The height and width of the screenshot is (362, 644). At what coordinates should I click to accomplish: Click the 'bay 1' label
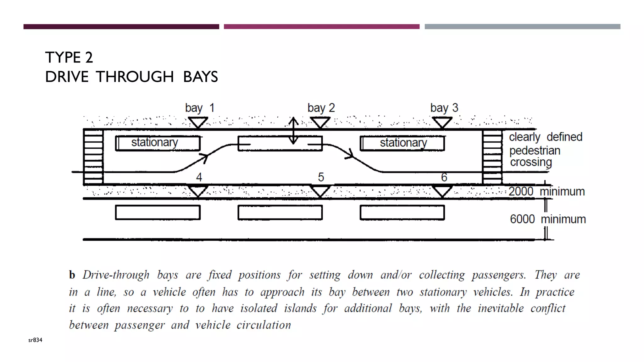(x=200, y=108)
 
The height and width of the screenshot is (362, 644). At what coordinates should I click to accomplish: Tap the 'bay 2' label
(x=321, y=108)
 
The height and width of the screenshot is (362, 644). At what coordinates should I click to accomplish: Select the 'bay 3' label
(x=444, y=108)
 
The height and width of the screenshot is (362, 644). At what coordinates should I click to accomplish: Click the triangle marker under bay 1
(x=198, y=122)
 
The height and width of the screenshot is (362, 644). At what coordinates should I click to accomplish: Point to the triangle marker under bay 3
(x=442, y=122)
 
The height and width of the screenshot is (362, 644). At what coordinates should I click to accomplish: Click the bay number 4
(x=199, y=177)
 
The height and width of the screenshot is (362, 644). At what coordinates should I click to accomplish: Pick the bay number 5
(x=321, y=177)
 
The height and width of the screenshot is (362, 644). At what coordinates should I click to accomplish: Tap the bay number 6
(x=444, y=177)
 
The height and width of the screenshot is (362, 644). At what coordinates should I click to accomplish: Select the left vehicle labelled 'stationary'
(x=158, y=143)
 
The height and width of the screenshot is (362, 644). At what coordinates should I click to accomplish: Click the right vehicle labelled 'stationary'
(x=402, y=143)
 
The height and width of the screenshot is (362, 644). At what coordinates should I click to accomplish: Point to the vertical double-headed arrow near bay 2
(x=293, y=130)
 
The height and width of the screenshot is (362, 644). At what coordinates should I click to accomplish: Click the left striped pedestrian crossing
(x=93, y=157)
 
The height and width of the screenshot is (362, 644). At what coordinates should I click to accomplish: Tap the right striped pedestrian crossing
(x=492, y=157)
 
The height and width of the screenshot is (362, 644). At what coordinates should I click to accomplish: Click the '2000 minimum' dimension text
(x=547, y=191)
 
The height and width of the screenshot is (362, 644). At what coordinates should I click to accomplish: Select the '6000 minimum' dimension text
(x=548, y=219)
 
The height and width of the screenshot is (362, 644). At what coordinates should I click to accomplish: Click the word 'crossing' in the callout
(x=531, y=162)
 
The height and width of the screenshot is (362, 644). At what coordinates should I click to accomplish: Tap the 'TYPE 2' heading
(x=69, y=58)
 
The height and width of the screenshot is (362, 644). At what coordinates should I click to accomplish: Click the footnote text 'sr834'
(x=35, y=340)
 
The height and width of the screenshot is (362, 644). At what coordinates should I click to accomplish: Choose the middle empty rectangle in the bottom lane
(x=280, y=212)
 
